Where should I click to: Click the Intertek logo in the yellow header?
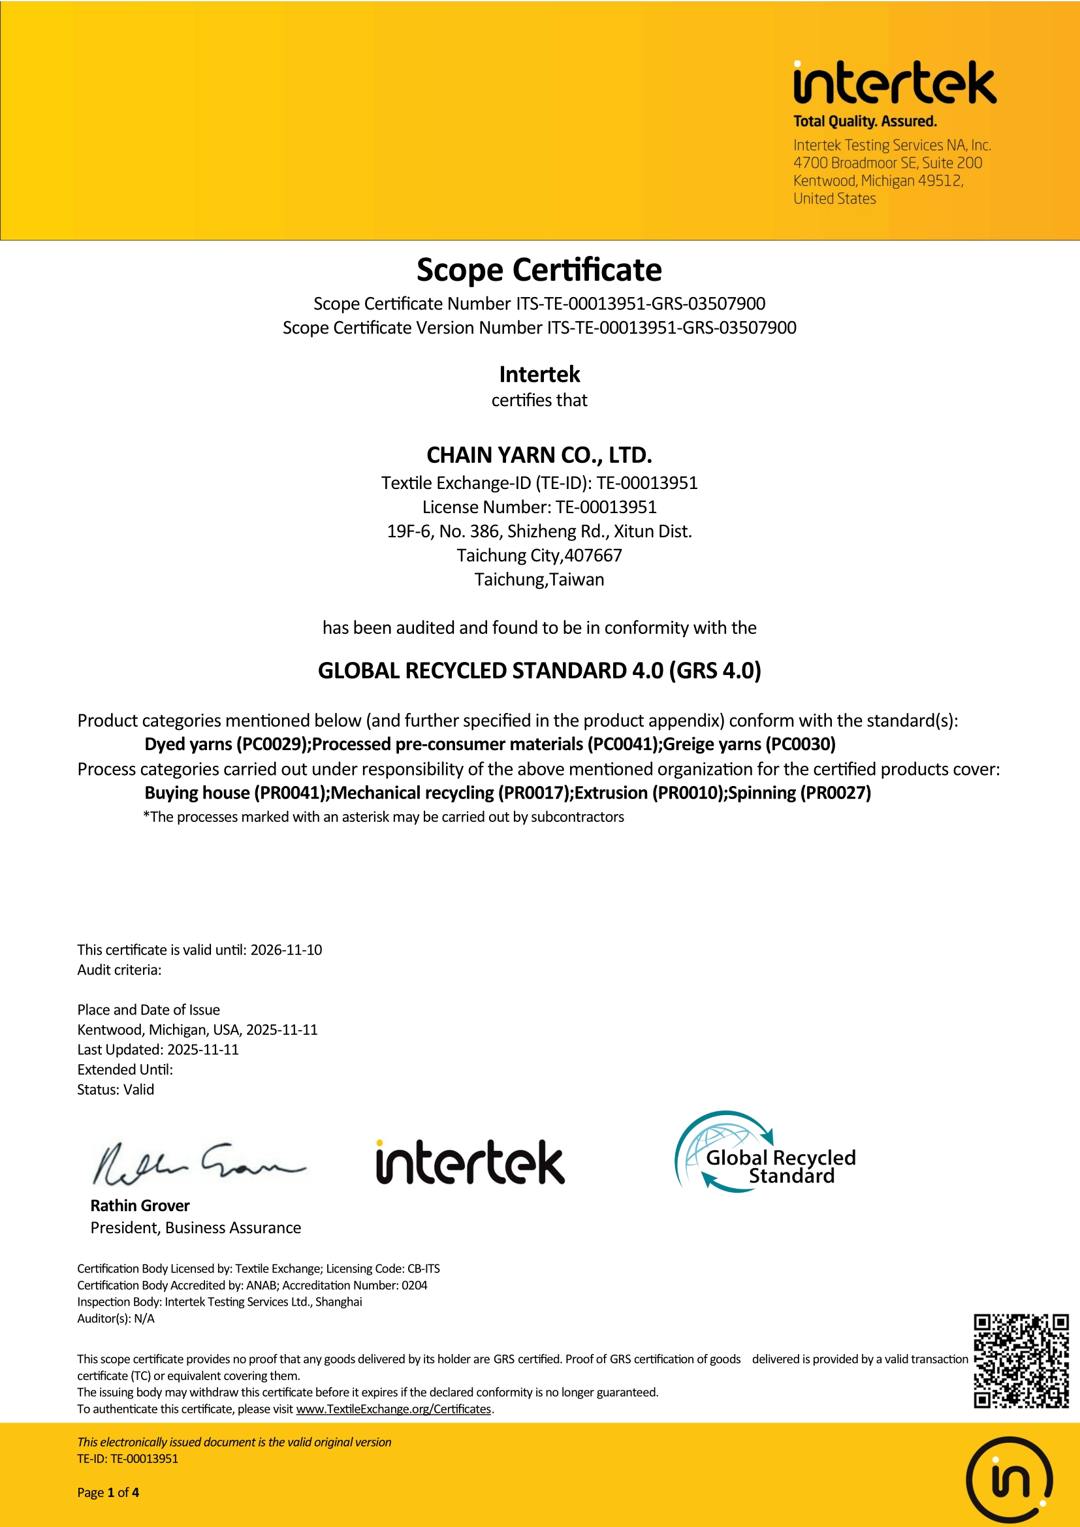point(895,83)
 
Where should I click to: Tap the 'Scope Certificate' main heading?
point(539,270)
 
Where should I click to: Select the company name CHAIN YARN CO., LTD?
point(539,455)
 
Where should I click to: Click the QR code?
point(1021,1361)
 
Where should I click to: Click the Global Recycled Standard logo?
point(765,1151)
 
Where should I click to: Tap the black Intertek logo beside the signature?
point(470,1163)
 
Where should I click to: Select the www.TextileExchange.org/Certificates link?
point(393,1409)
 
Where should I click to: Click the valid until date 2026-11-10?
point(286,950)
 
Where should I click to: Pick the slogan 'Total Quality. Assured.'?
point(865,121)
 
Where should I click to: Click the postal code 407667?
point(593,556)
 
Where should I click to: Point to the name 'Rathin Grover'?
point(140,1206)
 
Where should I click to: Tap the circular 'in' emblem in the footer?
point(1009,1481)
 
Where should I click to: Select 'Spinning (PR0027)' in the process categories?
point(799,793)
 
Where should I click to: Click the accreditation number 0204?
point(415,1285)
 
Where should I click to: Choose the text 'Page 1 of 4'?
point(108,1492)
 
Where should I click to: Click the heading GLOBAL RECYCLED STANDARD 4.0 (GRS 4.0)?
point(539,670)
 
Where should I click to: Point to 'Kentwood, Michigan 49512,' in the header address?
point(878,181)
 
